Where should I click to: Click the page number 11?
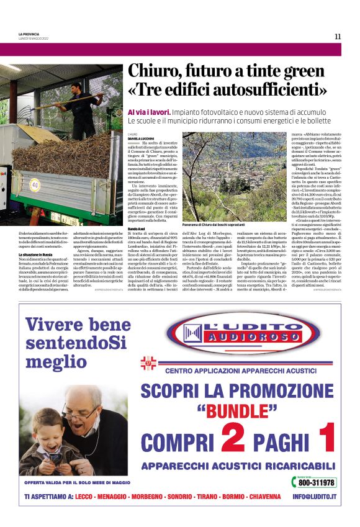pos(338,37)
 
